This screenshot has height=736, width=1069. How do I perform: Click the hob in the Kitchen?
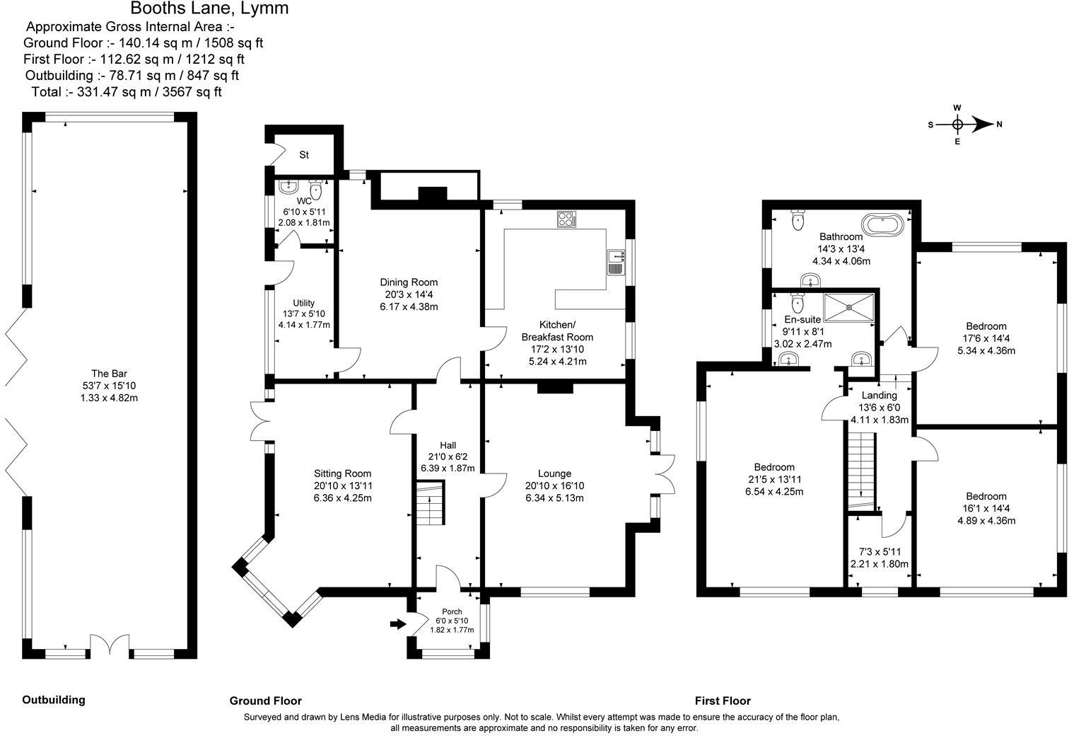566,219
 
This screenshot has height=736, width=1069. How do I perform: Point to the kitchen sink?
615,261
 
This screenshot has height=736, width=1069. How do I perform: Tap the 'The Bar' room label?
109,374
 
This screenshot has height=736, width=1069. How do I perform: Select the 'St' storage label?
304,155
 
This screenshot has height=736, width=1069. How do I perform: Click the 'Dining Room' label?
409,282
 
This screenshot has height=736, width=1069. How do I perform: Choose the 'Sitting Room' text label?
342,473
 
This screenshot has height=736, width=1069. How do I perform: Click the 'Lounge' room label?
554,473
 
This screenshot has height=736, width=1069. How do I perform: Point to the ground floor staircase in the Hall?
429,503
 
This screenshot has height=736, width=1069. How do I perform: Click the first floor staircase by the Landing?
861,467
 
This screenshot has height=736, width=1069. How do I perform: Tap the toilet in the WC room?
316,190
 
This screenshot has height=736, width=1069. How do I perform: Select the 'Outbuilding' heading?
54,700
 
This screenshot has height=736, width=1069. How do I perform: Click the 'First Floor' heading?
723,701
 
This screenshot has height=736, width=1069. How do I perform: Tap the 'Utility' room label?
304,303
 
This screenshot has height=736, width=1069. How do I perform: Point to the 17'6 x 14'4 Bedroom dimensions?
986,338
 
